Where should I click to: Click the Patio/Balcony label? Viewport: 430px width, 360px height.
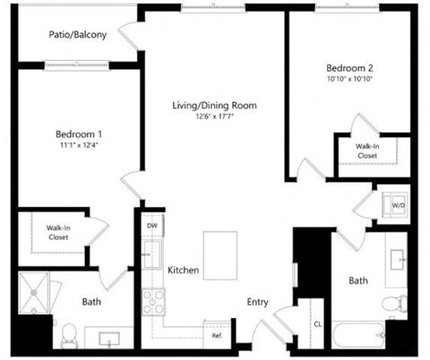click(x=77, y=36)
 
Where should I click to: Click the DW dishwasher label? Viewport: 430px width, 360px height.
click(x=152, y=227)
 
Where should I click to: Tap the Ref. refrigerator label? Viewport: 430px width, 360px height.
click(x=217, y=336)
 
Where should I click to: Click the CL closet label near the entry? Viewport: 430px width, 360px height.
click(x=318, y=324)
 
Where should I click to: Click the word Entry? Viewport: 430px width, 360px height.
click(x=258, y=303)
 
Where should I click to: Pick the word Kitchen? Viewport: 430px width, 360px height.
click(x=183, y=270)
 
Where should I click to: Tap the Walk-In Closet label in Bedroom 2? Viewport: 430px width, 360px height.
click(x=367, y=150)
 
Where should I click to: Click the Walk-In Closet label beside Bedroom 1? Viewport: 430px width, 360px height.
click(x=59, y=233)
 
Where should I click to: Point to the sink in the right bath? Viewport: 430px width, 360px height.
click(x=399, y=257)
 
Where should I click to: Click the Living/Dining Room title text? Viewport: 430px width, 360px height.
click(x=215, y=106)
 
